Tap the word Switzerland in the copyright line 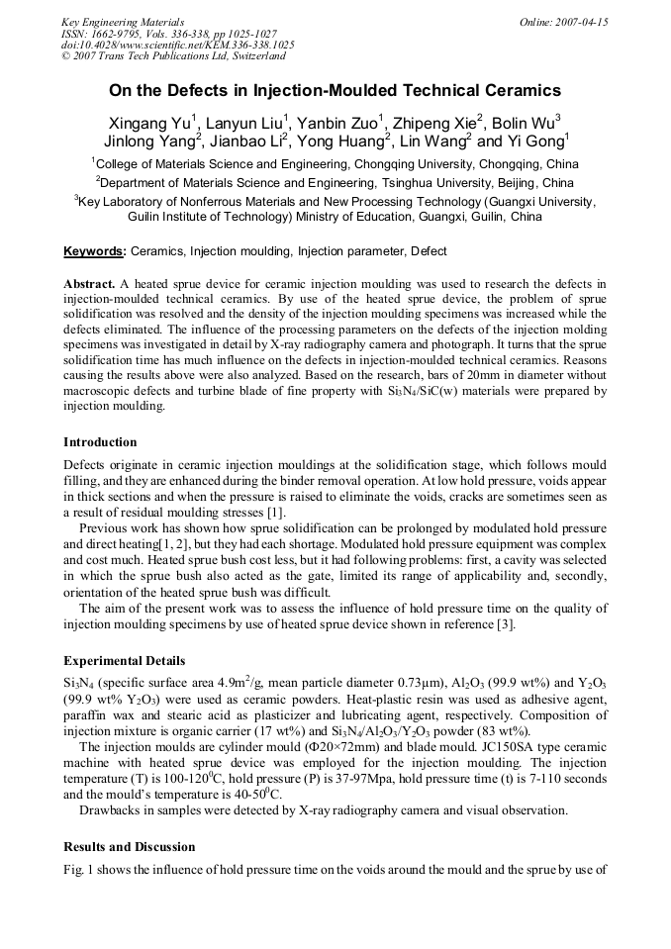tap(251, 56)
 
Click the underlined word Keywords tap(94, 251)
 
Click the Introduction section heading tap(100, 441)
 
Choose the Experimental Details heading tap(124, 660)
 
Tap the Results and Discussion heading tap(129, 847)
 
